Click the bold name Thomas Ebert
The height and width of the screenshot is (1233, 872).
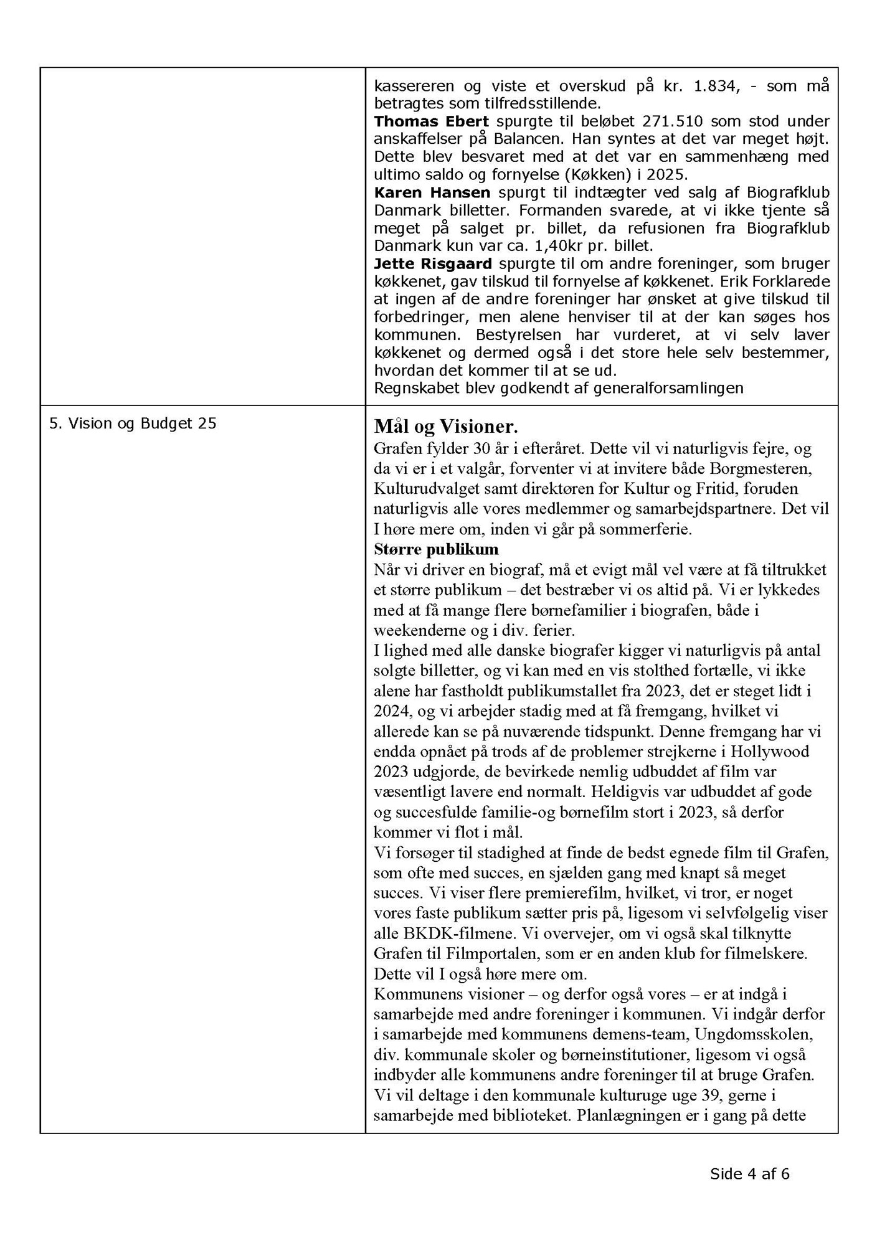pyautogui.click(x=431, y=121)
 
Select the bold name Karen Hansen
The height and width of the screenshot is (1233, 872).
pyautogui.click(x=432, y=192)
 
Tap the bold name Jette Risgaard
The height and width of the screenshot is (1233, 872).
pyautogui.click(x=433, y=263)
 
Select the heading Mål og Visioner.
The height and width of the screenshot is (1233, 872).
pyautogui.click(x=445, y=427)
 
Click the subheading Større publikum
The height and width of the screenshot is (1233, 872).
pyautogui.click(x=436, y=549)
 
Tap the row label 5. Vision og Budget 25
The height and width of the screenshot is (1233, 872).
pyautogui.click(x=133, y=423)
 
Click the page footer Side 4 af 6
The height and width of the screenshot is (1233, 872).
pyautogui.click(x=750, y=1174)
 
